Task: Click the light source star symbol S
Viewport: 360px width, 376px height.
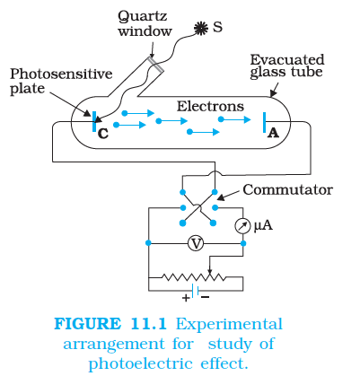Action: click(201, 28)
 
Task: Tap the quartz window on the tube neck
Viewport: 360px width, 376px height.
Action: click(155, 64)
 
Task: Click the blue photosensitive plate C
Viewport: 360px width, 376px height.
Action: click(94, 121)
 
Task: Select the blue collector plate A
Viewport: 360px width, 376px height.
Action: click(265, 122)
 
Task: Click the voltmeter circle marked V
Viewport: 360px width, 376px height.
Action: click(196, 243)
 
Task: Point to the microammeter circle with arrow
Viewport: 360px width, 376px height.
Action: click(242, 226)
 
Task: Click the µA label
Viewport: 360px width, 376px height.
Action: click(263, 225)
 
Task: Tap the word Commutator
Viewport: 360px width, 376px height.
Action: click(288, 189)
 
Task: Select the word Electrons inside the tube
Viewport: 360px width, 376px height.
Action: click(210, 106)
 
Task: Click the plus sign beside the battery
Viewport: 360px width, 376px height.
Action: click(186, 298)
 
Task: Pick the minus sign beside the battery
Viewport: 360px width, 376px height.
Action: click(206, 297)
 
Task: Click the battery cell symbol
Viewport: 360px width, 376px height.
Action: click(196, 291)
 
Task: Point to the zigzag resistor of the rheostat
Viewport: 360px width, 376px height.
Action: click(194, 277)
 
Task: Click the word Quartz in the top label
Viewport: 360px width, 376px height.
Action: click(142, 16)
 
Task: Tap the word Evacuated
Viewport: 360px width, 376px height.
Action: click(287, 60)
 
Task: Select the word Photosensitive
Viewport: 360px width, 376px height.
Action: click(61, 74)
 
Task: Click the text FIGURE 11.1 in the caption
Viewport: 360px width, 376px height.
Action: click(110, 324)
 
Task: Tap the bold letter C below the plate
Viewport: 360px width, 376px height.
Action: click(103, 134)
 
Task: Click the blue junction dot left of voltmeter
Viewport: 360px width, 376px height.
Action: click(148, 243)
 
